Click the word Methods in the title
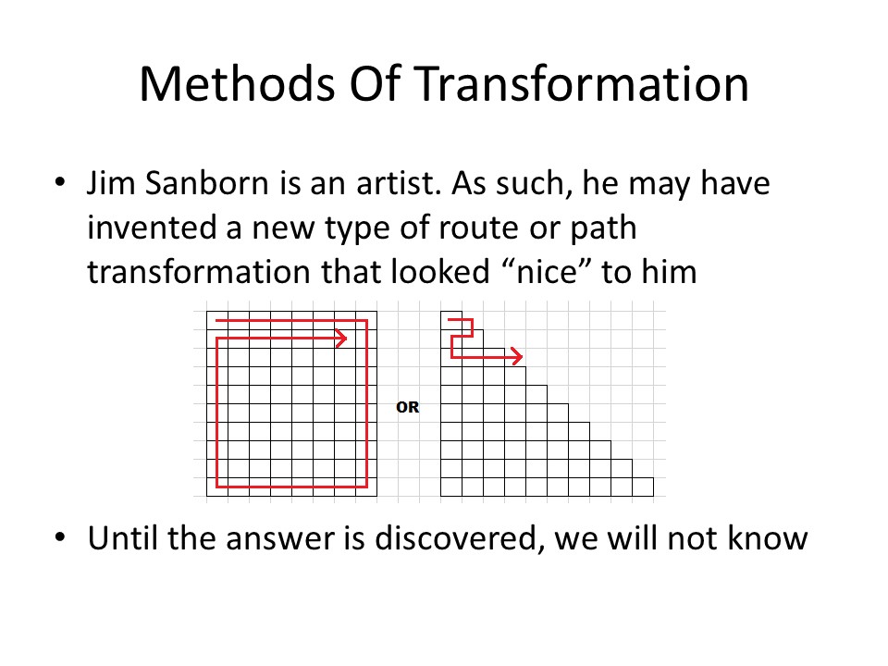(238, 84)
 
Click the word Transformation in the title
(582, 84)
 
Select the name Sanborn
(206, 183)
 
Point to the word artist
(399, 183)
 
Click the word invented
(152, 228)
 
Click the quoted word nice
(547, 271)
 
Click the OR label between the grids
(408, 407)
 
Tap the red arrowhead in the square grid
(341, 339)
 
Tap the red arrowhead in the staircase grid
(517, 356)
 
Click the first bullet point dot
(60, 182)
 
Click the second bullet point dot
(60, 536)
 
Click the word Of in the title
(375, 84)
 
